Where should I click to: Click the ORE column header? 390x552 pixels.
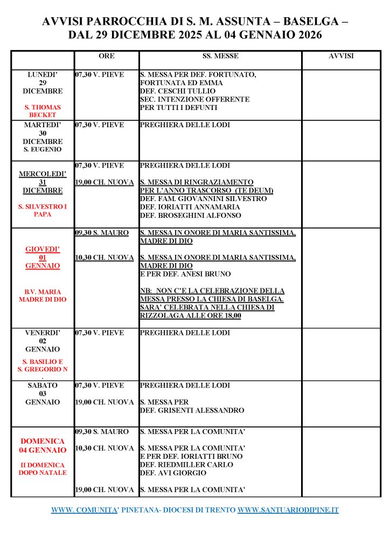(x=107, y=57)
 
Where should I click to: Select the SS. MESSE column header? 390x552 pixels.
(x=220, y=57)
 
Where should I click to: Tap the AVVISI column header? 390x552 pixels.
(x=341, y=57)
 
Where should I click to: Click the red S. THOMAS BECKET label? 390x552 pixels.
(x=43, y=111)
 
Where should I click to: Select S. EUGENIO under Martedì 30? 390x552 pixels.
(x=43, y=149)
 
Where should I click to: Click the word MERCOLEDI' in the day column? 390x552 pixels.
(x=43, y=174)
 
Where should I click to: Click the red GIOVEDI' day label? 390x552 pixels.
(x=43, y=250)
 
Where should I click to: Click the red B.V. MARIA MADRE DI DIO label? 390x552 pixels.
(x=43, y=295)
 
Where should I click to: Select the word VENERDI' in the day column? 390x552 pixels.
(x=43, y=333)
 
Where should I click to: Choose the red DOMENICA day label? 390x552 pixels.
(x=43, y=441)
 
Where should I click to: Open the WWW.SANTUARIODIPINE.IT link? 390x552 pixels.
(x=288, y=510)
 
